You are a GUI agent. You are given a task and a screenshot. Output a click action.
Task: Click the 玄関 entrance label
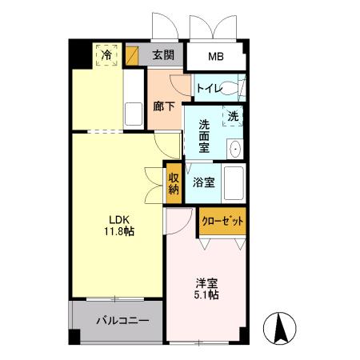(x=163, y=55)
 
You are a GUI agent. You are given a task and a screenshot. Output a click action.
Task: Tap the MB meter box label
(x=216, y=56)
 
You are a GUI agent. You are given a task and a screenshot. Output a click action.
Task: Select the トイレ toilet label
(x=210, y=89)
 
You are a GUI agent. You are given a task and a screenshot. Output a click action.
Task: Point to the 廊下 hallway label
(x=163, y=106)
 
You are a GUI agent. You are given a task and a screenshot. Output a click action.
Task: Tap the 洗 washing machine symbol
(x=233, y=116)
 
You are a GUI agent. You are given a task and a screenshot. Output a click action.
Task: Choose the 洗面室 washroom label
(x=205, y=137)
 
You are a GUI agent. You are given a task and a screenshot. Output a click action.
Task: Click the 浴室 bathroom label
(x=204, y=182)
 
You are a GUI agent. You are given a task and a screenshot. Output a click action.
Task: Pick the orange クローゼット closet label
(x=222, y=222)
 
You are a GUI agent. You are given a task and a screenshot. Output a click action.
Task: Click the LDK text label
(x=108, y=219)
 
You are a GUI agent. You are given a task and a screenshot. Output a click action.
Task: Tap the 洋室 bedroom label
(x=206, y=282)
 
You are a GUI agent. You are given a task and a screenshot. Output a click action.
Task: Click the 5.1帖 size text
(x=206, y=294)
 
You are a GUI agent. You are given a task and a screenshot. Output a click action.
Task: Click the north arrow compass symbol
(x=281, y=328)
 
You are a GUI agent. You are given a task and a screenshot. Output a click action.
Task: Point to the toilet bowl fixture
(x=237, y=88)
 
